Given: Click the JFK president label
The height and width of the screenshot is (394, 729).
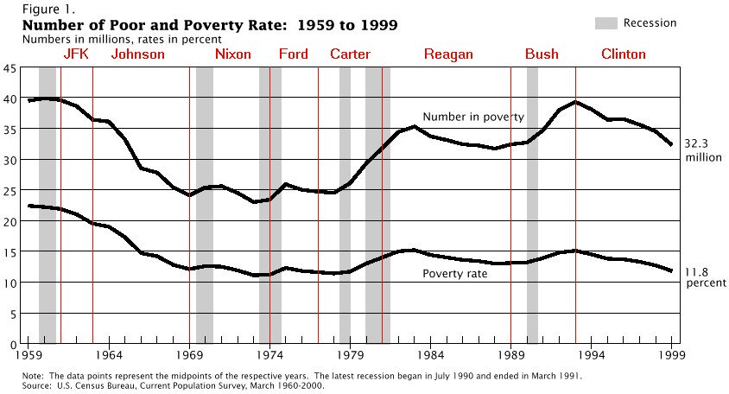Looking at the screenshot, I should pyautogui.click(x=76, y=54).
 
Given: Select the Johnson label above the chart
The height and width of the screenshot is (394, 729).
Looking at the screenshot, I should pyautogui.click(x=137, y=54).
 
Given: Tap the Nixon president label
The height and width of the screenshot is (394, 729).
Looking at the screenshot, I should pyautogui.click(x=232, y=54).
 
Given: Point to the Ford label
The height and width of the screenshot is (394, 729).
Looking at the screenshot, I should pyautogui.click(x=294, y=54).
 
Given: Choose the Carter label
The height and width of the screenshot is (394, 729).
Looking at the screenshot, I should pyautogui.click(x=350, y=54).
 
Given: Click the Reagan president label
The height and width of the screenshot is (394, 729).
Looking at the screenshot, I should pyautogui.click(x=448, y=54).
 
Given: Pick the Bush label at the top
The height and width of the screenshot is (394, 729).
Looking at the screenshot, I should pyautogui.click(x=542, y=54).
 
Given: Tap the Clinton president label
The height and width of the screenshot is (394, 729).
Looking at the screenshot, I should pyautogui.click(x=623, y=54).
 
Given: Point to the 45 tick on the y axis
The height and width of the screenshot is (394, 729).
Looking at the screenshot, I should pyautogui.click(x=10, y=67).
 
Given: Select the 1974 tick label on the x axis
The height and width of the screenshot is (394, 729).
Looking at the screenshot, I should pyautogui.click(x=270, y=354).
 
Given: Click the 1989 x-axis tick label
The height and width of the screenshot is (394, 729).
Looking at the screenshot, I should pyautogui.click(x=510, y=354).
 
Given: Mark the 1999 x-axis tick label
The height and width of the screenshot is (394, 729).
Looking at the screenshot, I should pyautogui.click(x=671, y=354).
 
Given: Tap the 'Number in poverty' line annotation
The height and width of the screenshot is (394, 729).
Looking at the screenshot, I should pyautogui.click(x=472, y=117).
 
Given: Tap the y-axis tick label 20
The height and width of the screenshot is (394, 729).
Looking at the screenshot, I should pyautogui.click(x=10, y=221).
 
